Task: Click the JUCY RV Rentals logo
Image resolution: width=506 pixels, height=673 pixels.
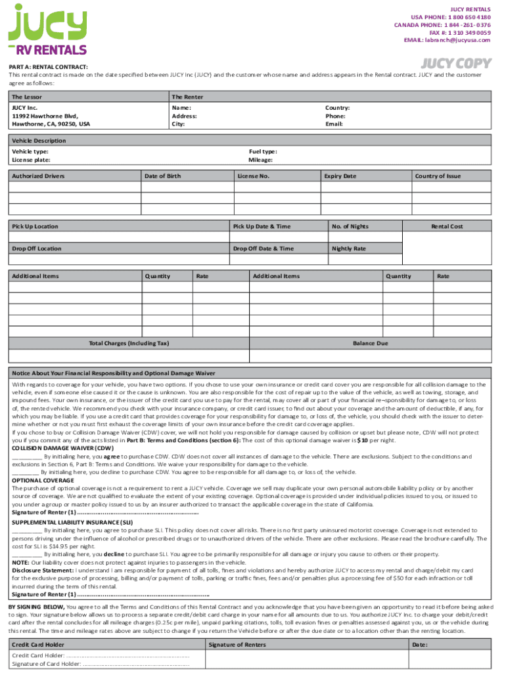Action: tap(47, 30)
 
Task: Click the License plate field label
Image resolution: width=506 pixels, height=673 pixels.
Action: tap(31, 160)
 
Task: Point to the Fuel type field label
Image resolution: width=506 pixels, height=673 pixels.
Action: tap(263, 151)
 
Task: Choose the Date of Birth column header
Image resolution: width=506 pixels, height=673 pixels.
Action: tap(162, 176)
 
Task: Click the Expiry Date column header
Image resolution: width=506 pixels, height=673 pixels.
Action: tap(340, 176)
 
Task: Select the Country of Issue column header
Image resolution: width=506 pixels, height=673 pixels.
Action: tap(438, 176)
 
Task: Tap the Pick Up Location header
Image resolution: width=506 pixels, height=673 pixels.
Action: tap(35, 227)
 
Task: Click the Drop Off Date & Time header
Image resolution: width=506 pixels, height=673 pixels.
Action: tap(264, 248)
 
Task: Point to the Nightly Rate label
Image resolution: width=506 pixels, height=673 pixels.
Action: tap(349, 248)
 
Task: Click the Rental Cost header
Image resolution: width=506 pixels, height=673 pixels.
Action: tap(447, 227)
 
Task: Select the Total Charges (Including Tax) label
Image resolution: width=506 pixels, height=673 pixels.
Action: tap(129, 343)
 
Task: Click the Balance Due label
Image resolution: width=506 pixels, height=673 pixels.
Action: tap(371, 343)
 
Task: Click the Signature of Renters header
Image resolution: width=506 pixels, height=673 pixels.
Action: tap(237, 645)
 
